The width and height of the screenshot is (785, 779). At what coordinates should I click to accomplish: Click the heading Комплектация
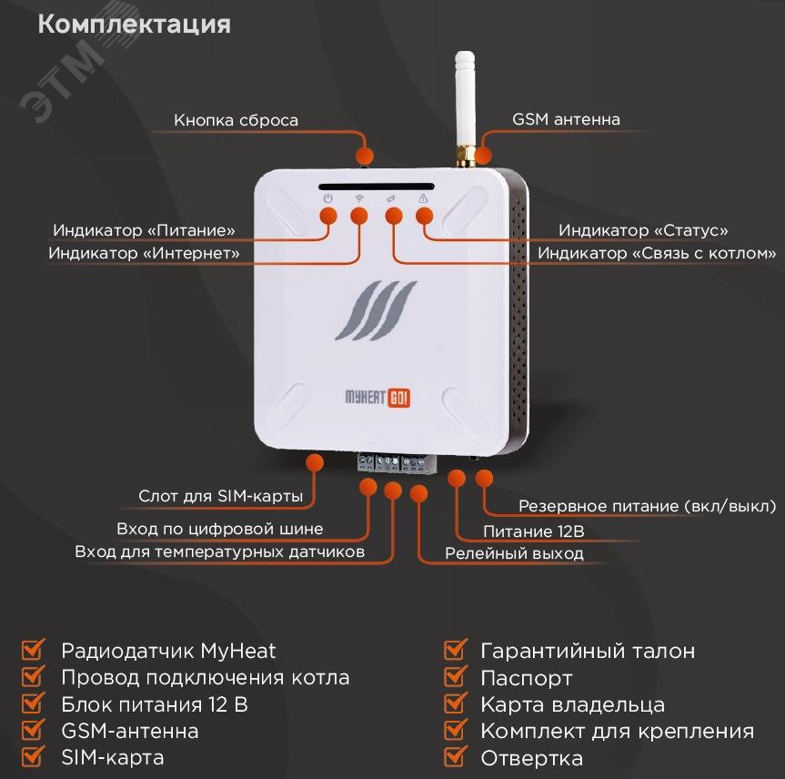[134, 24]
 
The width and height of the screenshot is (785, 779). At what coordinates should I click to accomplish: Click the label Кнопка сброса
[236, 120]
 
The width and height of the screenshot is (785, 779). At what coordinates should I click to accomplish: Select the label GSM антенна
[566, 119]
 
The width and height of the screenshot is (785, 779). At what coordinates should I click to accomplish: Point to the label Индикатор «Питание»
[144, 230]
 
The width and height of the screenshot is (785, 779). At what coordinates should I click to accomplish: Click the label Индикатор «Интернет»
[144, 253]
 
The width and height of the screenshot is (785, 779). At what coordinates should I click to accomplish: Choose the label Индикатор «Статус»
[642, 230]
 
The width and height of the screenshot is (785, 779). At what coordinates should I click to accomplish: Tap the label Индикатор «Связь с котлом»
[657, 253]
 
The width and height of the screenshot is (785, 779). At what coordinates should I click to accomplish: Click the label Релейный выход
[514, 553]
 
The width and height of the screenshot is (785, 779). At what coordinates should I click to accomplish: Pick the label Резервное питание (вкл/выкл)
[647, 506]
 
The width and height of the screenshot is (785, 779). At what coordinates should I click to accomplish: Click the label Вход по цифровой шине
[219, 530]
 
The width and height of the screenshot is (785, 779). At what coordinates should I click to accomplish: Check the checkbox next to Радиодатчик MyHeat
[33, 651]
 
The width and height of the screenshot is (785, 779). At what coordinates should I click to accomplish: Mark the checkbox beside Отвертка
[455, 757]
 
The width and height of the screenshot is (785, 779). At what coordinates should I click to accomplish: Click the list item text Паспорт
[526, 678]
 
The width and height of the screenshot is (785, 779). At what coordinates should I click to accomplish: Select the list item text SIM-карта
[112, 757]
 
